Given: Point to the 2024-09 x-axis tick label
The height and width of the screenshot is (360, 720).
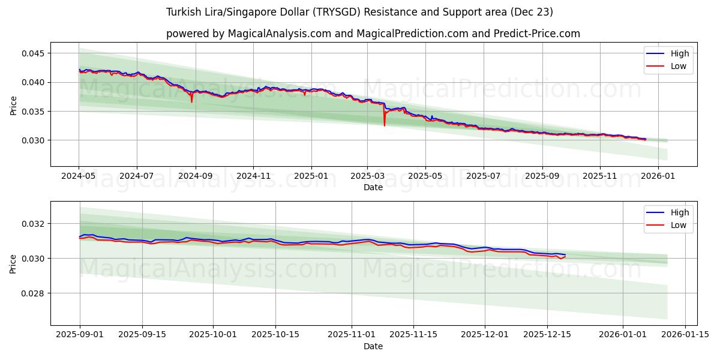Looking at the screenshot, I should [x=195, y=176].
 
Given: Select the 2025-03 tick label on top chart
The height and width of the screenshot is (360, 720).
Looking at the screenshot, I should [x=367, y=176].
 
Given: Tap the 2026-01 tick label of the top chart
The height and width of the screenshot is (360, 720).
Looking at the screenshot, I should [x=658, y=176].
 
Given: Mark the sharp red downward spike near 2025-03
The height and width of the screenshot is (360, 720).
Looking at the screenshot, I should [x=385, y=125].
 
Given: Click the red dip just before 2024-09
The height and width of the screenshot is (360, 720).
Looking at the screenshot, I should [x=192, y=101].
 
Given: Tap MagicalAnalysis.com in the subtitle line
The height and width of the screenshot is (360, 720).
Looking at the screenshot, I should [x=279, y=34].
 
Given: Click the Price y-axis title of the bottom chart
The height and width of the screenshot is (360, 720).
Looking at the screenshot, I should [x=13, y=263].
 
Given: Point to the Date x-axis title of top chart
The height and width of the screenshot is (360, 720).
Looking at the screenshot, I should [x=373, y=187].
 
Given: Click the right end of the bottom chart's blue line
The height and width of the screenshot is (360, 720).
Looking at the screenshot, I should [x=565, y=254].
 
